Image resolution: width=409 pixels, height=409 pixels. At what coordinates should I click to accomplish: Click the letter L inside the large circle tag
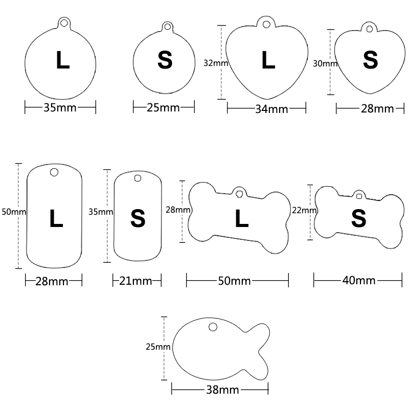coord(63,60)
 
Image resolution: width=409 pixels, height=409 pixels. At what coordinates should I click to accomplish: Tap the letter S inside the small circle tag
coord(165,60)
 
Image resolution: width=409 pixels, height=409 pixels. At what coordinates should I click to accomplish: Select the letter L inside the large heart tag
coord(268,60)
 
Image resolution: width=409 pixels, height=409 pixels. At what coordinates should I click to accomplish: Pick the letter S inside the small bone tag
coord(359,219)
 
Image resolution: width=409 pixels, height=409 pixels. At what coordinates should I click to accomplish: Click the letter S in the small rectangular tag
coord(138,219)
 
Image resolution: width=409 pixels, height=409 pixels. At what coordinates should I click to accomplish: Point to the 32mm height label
coord(215,63)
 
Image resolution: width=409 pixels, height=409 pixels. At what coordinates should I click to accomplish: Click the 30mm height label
coord(324,63)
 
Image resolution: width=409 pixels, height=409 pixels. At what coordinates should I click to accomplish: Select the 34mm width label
coord(271,109)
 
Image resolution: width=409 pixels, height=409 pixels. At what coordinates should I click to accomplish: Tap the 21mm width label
coord(138,281)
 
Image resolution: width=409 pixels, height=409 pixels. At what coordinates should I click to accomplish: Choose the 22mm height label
coord(304,210)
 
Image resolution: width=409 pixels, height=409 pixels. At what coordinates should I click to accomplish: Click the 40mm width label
coord(358,280)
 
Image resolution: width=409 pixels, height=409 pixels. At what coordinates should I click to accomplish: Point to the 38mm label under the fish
coord(222,390)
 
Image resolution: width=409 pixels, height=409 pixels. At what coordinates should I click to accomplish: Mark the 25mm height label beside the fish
coord(157,347)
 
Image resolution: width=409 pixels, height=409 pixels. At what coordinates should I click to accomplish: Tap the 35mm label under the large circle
coord(59,108)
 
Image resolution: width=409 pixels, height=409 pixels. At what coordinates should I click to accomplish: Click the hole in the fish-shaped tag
coord(213,326)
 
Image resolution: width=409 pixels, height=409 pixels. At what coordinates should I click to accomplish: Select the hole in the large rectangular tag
coord(54,172)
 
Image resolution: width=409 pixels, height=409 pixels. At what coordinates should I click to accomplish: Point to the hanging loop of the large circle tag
coord(63,22)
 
